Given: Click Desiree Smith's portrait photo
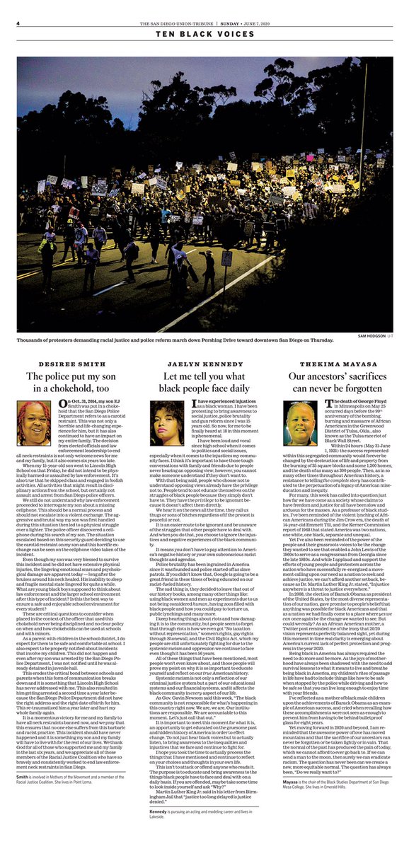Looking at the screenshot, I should tap(36, 422).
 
